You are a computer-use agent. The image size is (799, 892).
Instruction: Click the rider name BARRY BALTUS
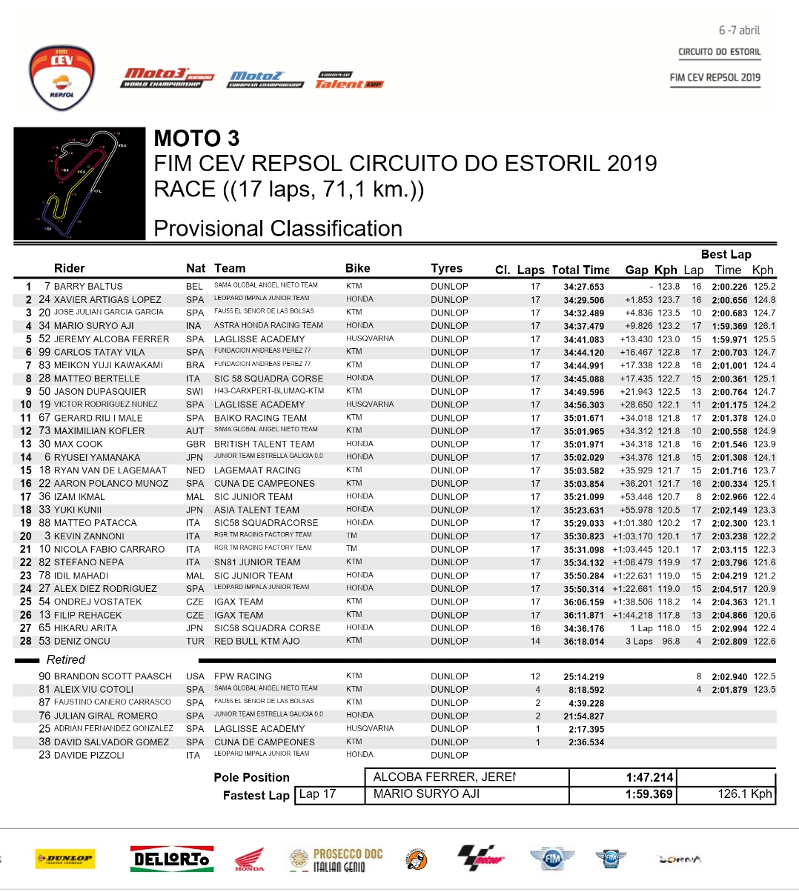[88, 287]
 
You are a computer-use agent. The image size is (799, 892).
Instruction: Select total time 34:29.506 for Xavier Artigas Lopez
[583, 300]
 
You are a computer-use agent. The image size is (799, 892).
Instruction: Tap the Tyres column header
[446, 268]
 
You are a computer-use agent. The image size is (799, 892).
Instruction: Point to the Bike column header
[357, 268]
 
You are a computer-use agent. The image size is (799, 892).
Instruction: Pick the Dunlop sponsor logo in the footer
[65, 859]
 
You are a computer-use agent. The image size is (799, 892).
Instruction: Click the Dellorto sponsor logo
[170, 859]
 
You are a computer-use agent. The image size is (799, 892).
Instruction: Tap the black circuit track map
[79, 183]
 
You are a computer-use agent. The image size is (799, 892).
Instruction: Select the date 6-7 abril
[739, 30]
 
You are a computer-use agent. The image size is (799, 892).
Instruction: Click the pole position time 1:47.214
[649, 777]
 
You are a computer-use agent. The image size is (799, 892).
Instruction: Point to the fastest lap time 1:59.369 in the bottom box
[649, 794]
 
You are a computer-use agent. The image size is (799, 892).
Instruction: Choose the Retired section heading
[65, 659]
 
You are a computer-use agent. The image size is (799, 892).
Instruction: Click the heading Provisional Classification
[278, 228]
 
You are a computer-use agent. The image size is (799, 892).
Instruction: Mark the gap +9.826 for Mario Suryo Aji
[638, 326]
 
